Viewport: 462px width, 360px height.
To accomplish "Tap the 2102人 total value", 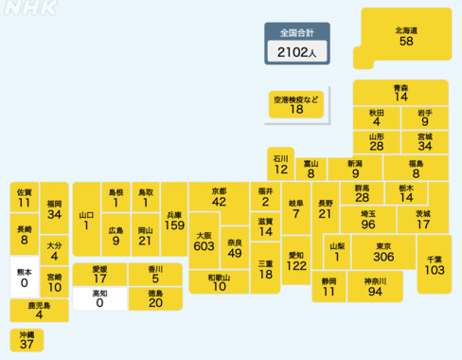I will pyautogui.click(x=297, y=53).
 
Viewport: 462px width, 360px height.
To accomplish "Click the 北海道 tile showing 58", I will pyautogui.click(x=406, y=37).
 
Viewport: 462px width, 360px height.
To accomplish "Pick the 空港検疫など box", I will pyautogui.click(x=296, y=104).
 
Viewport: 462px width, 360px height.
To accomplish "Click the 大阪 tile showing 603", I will pyautogui.click(x=204, y=240).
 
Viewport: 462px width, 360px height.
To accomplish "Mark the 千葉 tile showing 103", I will pyautogui.click(x=435, y=264).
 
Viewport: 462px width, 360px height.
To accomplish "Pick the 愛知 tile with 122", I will pyautogui.click(x=295, y=261).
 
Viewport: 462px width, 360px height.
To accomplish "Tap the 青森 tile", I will pyautogui.click(x=401, y=92).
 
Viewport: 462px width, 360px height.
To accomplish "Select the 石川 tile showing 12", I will pyautogui.click(x=280, y=165).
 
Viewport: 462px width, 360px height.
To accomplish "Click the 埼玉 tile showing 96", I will pyautogui.click(x=368, y=219).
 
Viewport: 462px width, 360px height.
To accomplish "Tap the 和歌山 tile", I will pyautogui.click(x=220, y=282).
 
